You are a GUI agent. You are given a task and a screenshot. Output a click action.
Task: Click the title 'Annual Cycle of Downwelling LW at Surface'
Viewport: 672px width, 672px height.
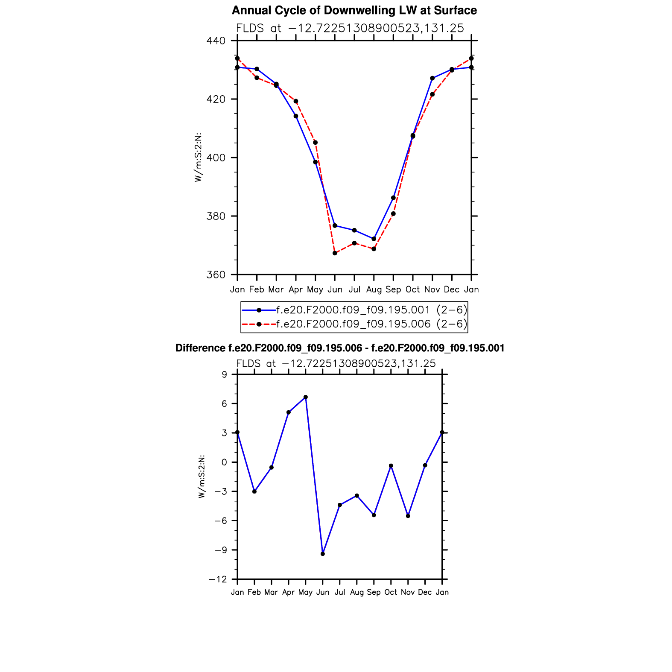[x=354, y=10]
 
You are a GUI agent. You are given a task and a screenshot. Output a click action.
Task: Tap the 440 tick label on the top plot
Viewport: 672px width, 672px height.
[x=216, y=41]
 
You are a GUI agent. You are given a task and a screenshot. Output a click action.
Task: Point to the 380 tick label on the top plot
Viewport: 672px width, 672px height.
[x=216, y=216]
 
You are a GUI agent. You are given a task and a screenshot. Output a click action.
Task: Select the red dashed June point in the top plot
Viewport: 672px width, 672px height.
[x=335, y=253]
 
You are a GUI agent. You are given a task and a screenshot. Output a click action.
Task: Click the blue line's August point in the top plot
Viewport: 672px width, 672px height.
[x=374, y=239]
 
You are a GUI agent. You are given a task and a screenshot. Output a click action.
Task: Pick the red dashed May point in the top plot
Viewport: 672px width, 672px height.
[x=316, y=143]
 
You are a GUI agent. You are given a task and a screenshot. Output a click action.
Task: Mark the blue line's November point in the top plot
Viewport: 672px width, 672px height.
[x=432, y=78]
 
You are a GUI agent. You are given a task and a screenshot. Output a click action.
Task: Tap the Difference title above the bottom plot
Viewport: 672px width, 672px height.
[x=340, y=348]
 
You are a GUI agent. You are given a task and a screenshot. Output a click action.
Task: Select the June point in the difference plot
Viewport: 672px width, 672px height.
[x=323, y=554]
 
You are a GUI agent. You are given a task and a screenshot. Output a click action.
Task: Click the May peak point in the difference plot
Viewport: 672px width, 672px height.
[x=306, y=397]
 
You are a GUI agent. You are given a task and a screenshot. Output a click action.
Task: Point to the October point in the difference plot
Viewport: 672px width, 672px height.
[x=391, y=466]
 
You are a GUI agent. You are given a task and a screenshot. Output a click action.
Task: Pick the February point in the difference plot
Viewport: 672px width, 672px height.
[x=254, y=491]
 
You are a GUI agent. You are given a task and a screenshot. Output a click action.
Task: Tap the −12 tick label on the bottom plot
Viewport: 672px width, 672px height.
[x=217, y=579]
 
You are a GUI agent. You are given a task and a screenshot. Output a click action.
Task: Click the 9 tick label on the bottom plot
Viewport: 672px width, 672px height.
[x=224, y=375]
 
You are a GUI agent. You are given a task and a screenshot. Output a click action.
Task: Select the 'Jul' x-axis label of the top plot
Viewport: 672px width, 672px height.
[x=354, y=289]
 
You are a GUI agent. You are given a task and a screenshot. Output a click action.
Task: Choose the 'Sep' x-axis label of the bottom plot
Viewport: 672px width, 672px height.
[x=374, y=592]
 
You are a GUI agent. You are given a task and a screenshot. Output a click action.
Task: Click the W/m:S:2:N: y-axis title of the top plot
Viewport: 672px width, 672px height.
[x=198, y=158]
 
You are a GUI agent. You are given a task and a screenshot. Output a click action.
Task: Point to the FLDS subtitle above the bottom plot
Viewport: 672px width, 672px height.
[x=336, y=363]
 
